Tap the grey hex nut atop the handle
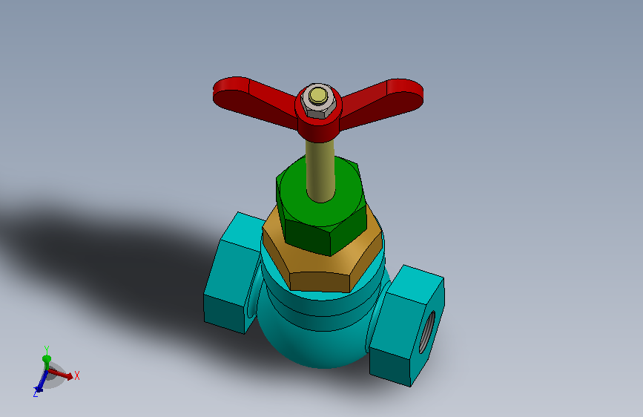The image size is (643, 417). (x=319, y=101)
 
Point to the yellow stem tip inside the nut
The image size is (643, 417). (x=318, y=96)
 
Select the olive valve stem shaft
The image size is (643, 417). (x=320, y=171)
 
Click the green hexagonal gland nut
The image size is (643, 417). (x=322, y=206)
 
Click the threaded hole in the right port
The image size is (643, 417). (x=427, y=332)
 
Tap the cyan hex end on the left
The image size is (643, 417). (x=234, y=273)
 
